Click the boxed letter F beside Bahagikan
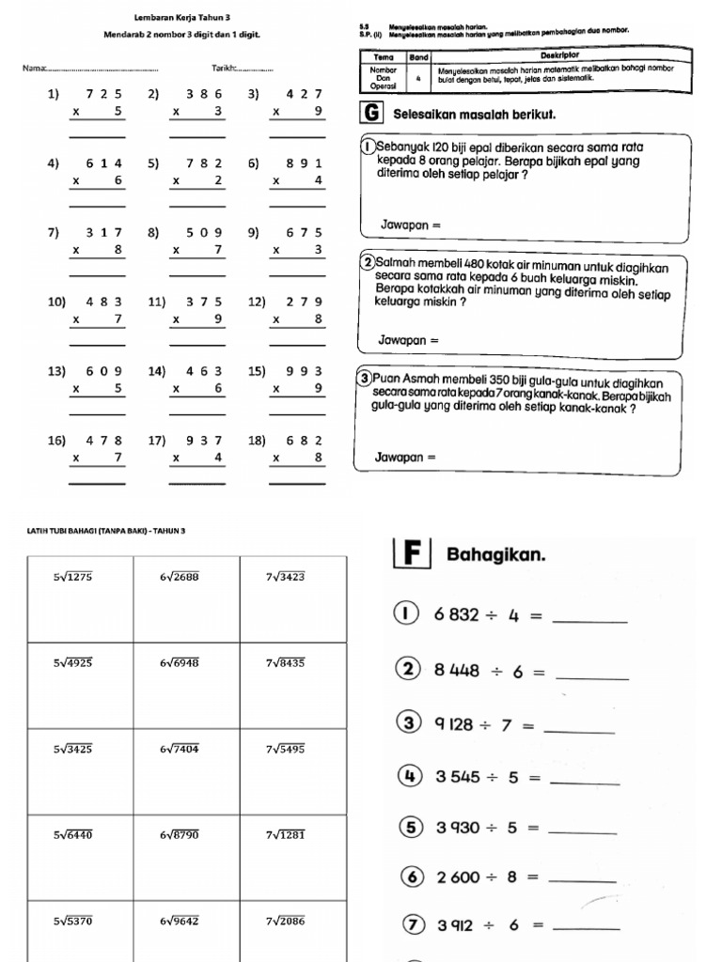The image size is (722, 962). pyautogui.click(x=411, y=554)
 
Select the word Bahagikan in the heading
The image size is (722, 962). pyautogui.click(x=495, y=555)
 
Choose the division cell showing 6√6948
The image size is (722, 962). pyautogui.click(x=180, y=662)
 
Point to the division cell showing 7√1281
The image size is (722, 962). pyautogui.click(x=285, y=834)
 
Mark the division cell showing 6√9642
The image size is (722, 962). pyautogui.click(x=180, y=921)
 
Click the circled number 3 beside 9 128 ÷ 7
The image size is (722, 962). pyautogui.click(x=409, y=723)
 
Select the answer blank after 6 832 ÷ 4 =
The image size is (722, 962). pyautogui.click(x=590, y=616)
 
